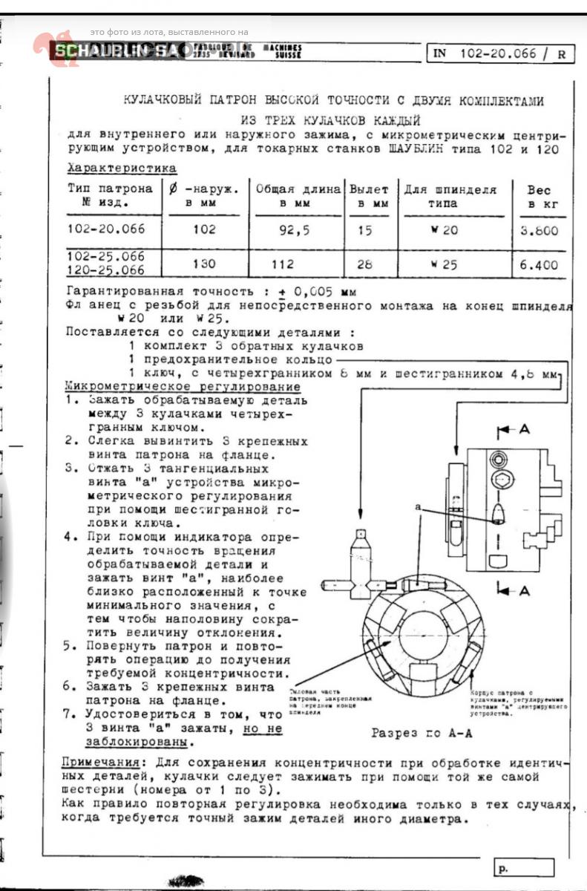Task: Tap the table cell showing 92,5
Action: coord(295,229)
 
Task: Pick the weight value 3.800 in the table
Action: coord(539,230)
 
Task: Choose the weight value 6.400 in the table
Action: coord(539,264)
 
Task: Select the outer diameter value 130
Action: coord(204,264)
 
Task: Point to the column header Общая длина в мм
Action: coord(298,196)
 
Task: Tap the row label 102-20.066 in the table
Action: coord(106,229)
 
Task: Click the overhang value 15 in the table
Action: coord(364,230)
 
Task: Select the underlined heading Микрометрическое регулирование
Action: coord(183,387)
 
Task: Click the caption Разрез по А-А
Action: coord(422,732)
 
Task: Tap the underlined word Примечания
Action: coord(99,763)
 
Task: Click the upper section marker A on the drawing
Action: coord(524,429)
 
